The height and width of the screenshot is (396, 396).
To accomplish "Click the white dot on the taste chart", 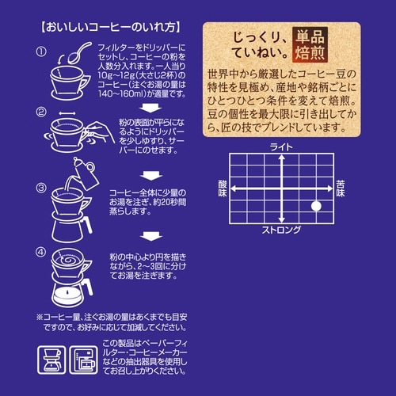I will point(316,207).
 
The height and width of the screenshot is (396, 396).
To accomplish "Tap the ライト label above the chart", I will point(281,147).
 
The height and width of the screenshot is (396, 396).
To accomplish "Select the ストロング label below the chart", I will point(281,230).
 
